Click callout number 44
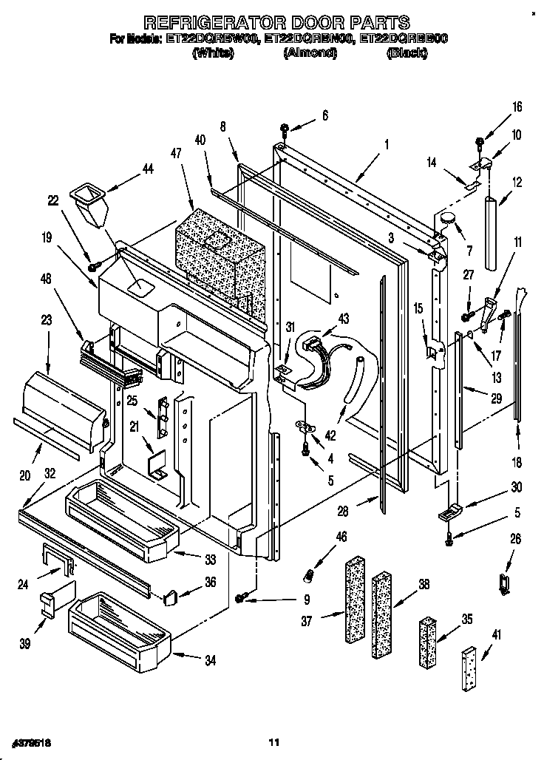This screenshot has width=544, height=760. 147,170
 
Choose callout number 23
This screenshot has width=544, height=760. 47,321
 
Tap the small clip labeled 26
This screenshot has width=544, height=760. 505,583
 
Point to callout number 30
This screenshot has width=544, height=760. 516,487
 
